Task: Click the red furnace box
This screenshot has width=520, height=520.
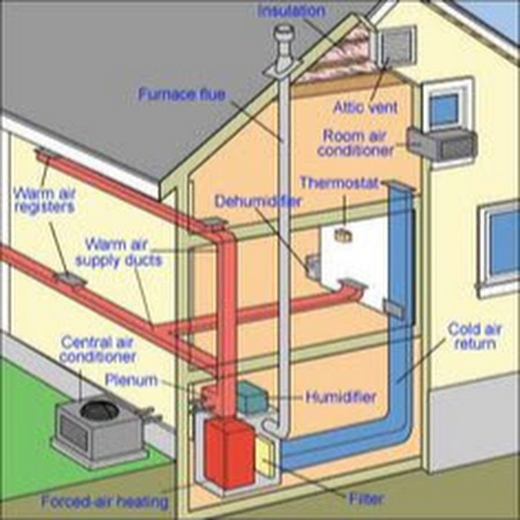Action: click(x=229, y=454)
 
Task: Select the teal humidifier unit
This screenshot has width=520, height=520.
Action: click(x=252, y=398)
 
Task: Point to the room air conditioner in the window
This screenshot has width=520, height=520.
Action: click(x=442, y=144)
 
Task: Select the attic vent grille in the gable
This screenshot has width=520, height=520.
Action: click(x=398, y=46)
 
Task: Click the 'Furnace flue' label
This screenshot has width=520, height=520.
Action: click(x=182, y=95)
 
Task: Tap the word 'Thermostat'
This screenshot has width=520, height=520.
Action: click(x=339, y=183)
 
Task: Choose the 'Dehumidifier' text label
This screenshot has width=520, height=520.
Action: click(x=258, y=201)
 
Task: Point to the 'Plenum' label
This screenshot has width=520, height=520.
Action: click(x=131, y=380)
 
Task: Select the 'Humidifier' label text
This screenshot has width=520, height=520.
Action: click(x=341, y=397)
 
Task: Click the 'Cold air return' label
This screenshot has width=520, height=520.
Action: click(x=475, y=336)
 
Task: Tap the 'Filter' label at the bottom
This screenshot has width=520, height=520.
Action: click(x=366, y=499)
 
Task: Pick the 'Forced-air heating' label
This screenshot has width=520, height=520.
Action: click(x=105, y=502)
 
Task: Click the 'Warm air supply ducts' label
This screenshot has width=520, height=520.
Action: click(x=118, y=252)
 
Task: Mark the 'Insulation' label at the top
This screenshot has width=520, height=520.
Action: click(x=292, y=10)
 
